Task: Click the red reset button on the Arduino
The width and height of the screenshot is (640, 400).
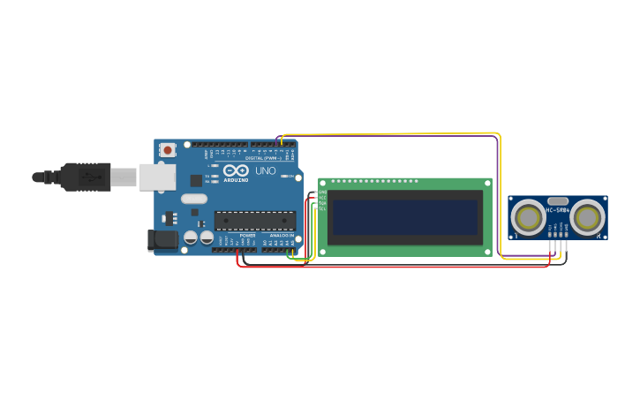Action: pos(167,150)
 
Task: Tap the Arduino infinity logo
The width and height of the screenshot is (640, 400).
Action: pos(236,170)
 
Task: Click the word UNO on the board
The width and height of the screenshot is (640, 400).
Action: pos(265,170)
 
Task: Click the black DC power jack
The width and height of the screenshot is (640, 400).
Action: pos(162,239)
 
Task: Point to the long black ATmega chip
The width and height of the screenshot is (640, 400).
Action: pos(255,221)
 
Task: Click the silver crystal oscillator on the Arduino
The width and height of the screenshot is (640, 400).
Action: pos(194,199)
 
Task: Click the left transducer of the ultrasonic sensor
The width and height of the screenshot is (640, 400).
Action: pos(529,217)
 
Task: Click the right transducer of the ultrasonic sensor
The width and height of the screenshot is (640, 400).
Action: pos(587,217)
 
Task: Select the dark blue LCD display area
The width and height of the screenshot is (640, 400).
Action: pos(405,217)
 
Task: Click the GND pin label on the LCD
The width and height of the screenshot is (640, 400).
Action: pos(322,192)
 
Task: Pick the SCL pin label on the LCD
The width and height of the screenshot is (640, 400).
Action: pos(322,209)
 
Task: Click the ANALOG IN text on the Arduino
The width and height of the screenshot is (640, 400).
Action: pos(282,236)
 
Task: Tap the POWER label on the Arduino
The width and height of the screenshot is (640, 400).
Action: pos(248,236)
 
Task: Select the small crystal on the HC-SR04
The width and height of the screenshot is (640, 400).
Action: pos(558,200)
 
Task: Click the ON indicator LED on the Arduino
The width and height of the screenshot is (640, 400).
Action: pos(284,176)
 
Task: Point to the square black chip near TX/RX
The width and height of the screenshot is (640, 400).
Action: pos(196,180)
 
